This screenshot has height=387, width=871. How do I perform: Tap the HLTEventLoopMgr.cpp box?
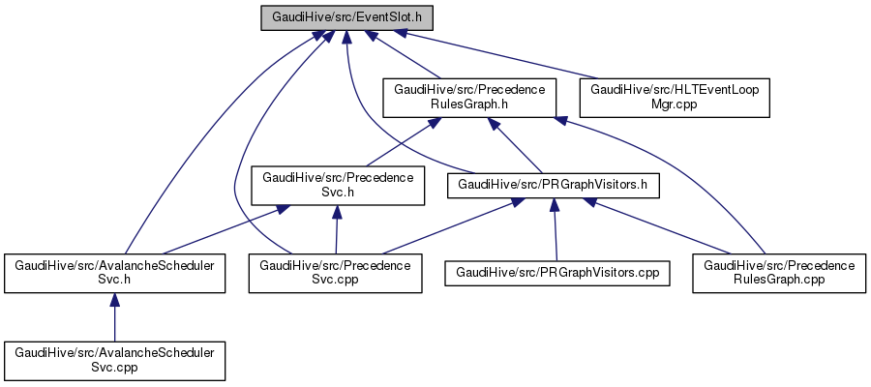[x=674, y=98]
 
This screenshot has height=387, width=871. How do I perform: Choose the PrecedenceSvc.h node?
[x=337, y=185]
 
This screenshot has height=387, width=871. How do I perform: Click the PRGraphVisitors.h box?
[x=553, y=184]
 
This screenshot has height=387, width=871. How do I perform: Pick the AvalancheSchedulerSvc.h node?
[x=114, y=274]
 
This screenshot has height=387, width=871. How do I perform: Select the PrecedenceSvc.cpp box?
[x=336, y=274]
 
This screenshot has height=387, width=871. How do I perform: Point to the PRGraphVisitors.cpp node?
[x=557, y=274]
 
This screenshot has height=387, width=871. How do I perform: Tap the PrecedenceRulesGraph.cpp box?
[x=779, y=274]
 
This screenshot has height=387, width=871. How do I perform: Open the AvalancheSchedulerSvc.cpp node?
[x=114, y=359]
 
